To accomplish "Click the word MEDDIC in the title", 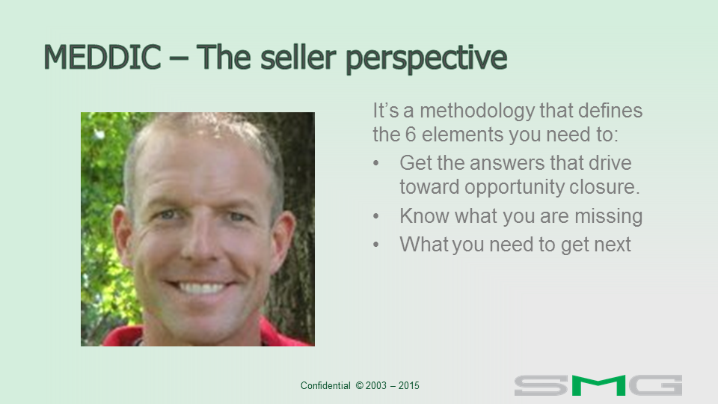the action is click(x=102, y=58).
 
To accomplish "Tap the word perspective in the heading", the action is click(x=426, y=59).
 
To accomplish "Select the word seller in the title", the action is click(x=298, y=57).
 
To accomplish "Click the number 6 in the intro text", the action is click(x=411, y=135).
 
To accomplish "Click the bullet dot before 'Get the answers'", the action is click(x=376, y=163).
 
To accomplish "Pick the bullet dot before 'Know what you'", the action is click(x=376, y=215).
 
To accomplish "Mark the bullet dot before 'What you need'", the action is click(x=376, y=244).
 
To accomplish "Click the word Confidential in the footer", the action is click(x=325, y=386).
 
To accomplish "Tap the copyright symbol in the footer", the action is click(x=360, y=386).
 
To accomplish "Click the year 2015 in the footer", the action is click(x=409, y=386).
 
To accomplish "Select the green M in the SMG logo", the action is click(x=598, y=385).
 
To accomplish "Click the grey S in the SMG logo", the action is click(x=541, y=385).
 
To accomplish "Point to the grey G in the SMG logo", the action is click(x=656, y=385).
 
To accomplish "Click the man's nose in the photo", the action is click(x=200, y=243).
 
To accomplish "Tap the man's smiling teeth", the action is click(x=200, y=288).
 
